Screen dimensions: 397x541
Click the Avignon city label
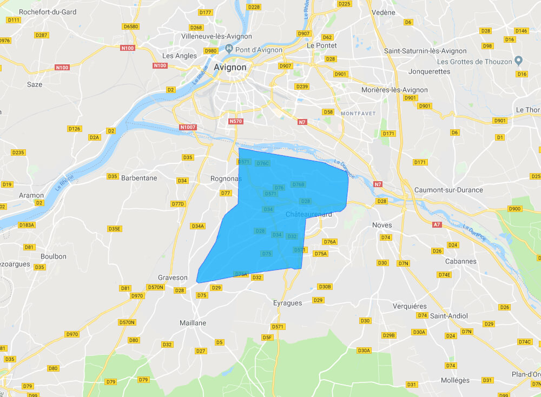[x=230, y=68]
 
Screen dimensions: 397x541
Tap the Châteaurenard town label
[x=308, y=215]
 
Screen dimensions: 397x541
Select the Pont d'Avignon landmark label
[x=258, y=50]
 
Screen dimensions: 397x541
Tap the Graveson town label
[x=173, y=277]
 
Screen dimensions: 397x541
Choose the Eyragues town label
[x=288, y=303]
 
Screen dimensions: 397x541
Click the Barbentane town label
[x=139, y=177]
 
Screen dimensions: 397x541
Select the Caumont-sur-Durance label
[x=448, y=190]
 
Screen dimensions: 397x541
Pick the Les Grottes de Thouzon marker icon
[x=518, y=61]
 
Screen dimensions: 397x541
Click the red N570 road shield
[x=235, y=121]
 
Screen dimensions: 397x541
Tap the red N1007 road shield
[x=187, y=127]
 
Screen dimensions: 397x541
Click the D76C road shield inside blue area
[x=263, y=163]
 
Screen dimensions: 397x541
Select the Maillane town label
[x=193, y=323]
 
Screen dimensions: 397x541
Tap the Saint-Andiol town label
[x=449, y=315]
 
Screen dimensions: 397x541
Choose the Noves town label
[x=382, y=224]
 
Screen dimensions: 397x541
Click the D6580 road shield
[x=131, y=26]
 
